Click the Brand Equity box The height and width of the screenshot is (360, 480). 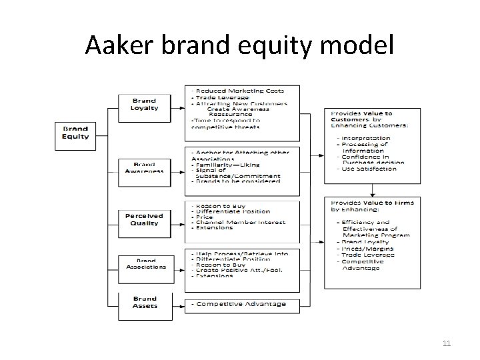pyautogui.click(x=75, y=132)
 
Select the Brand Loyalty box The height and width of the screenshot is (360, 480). pyautogui.click(x=145, y=104)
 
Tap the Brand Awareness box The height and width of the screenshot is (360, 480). pyautogui.click(x=145, y=167)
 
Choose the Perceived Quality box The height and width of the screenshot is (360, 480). pyautogui.click(x=145, y=219)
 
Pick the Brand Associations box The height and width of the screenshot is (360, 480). pyautogui.click(x=145, y=263)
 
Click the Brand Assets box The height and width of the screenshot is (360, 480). pyautogui.click(x=145, y=303)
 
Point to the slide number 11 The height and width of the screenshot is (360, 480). pyautogui.click(x=446, y=344)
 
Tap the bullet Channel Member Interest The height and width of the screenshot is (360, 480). pyautogui.click(x=240, y=222)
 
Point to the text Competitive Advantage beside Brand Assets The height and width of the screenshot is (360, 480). pyautogui.click(x=239, y=304)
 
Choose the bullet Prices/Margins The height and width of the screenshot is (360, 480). pyautogui.click(x=367, y=249)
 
